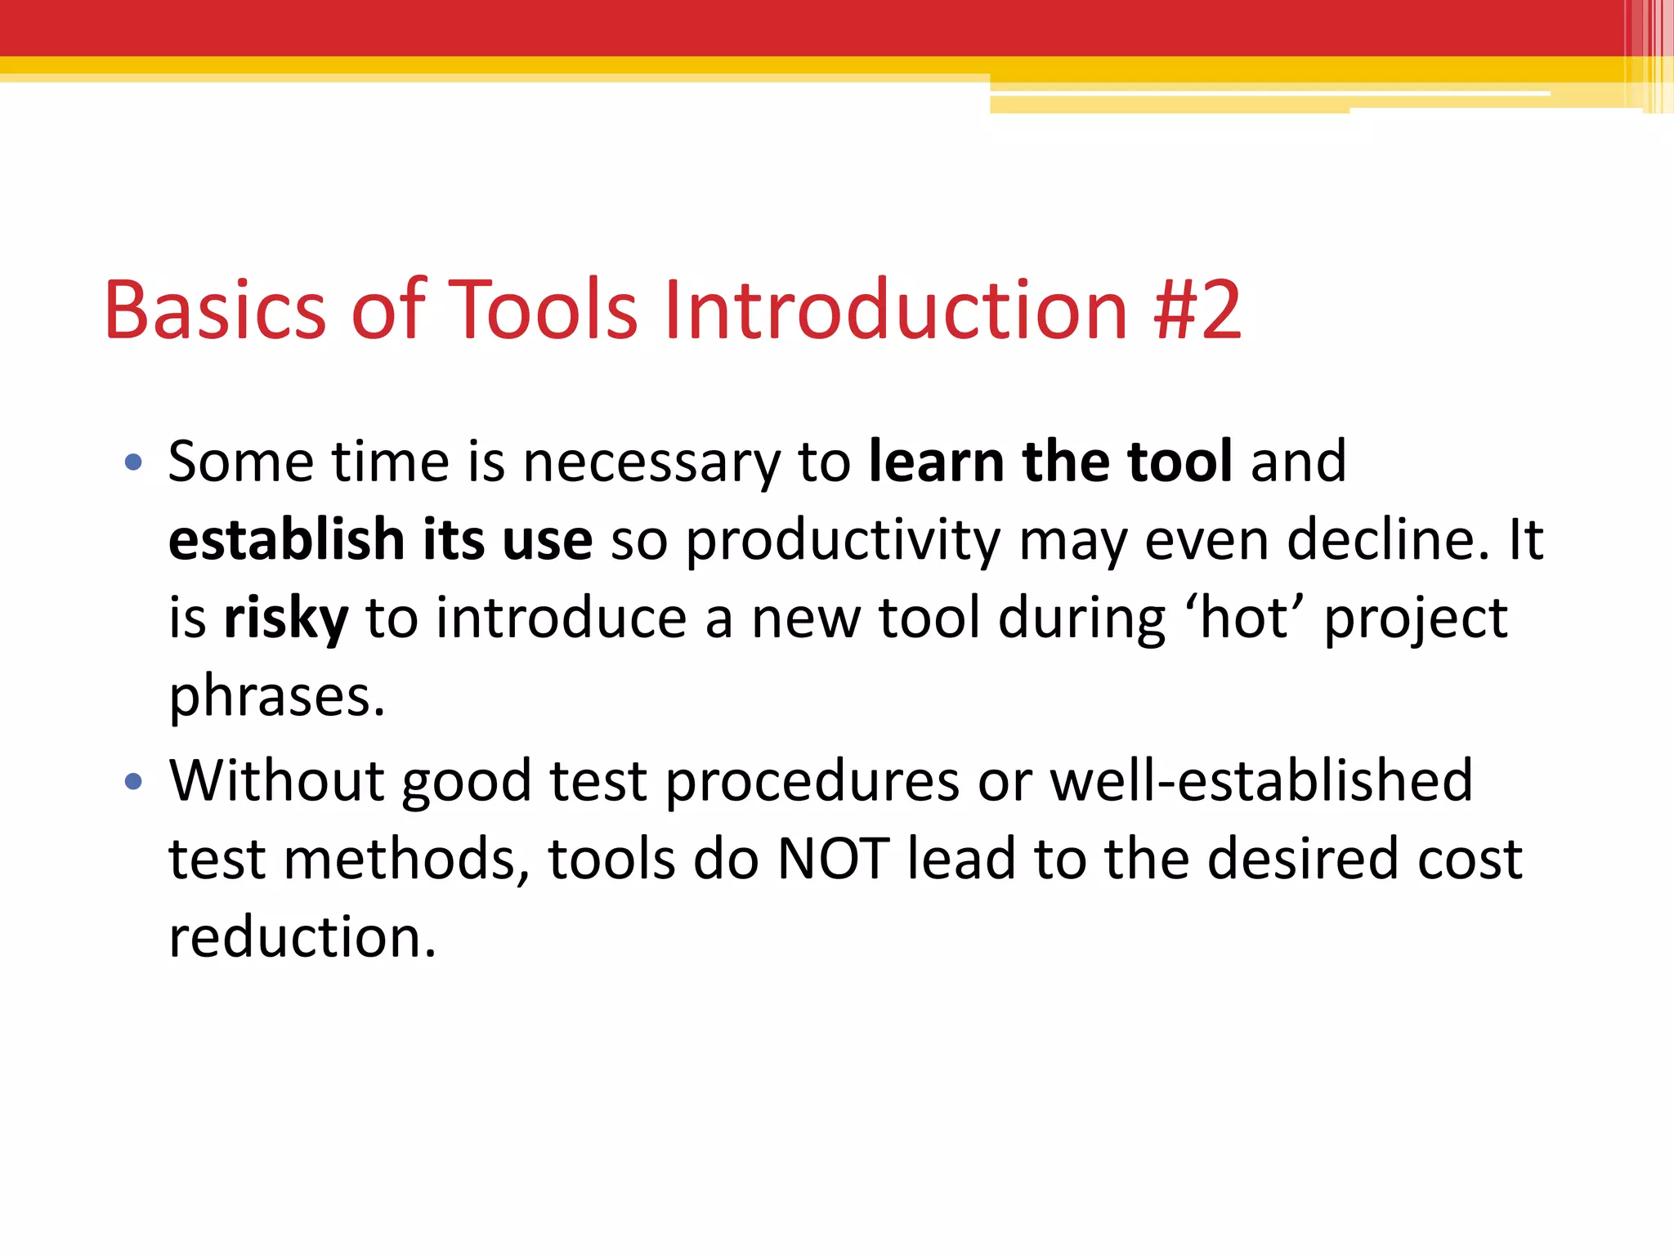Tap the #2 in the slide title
pyautogui.click(x=1197, y=310)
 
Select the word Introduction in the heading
pyautogui.click(x=896, y=310)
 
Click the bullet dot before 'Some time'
pyautogui.click(x=133, y=463)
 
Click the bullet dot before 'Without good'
pyautogui.click(x=133, y=782)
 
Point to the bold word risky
pyautogui.click(x=286, y=619)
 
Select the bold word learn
pyautogui.click(x=936, y=462)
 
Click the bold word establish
pyautogui.click(x=287, y=540)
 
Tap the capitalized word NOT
pyautogui.click(x=833, y=860)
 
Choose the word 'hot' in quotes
pyautogui.click(x=1243, y=618)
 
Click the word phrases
pyautogui.click(x=276, y=697)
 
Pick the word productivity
pyautogui.click(x=843, y=542)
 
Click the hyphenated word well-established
pyautogui.click(x=1261, y=781)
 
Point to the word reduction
pyautogui.click(x=302, y=937)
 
